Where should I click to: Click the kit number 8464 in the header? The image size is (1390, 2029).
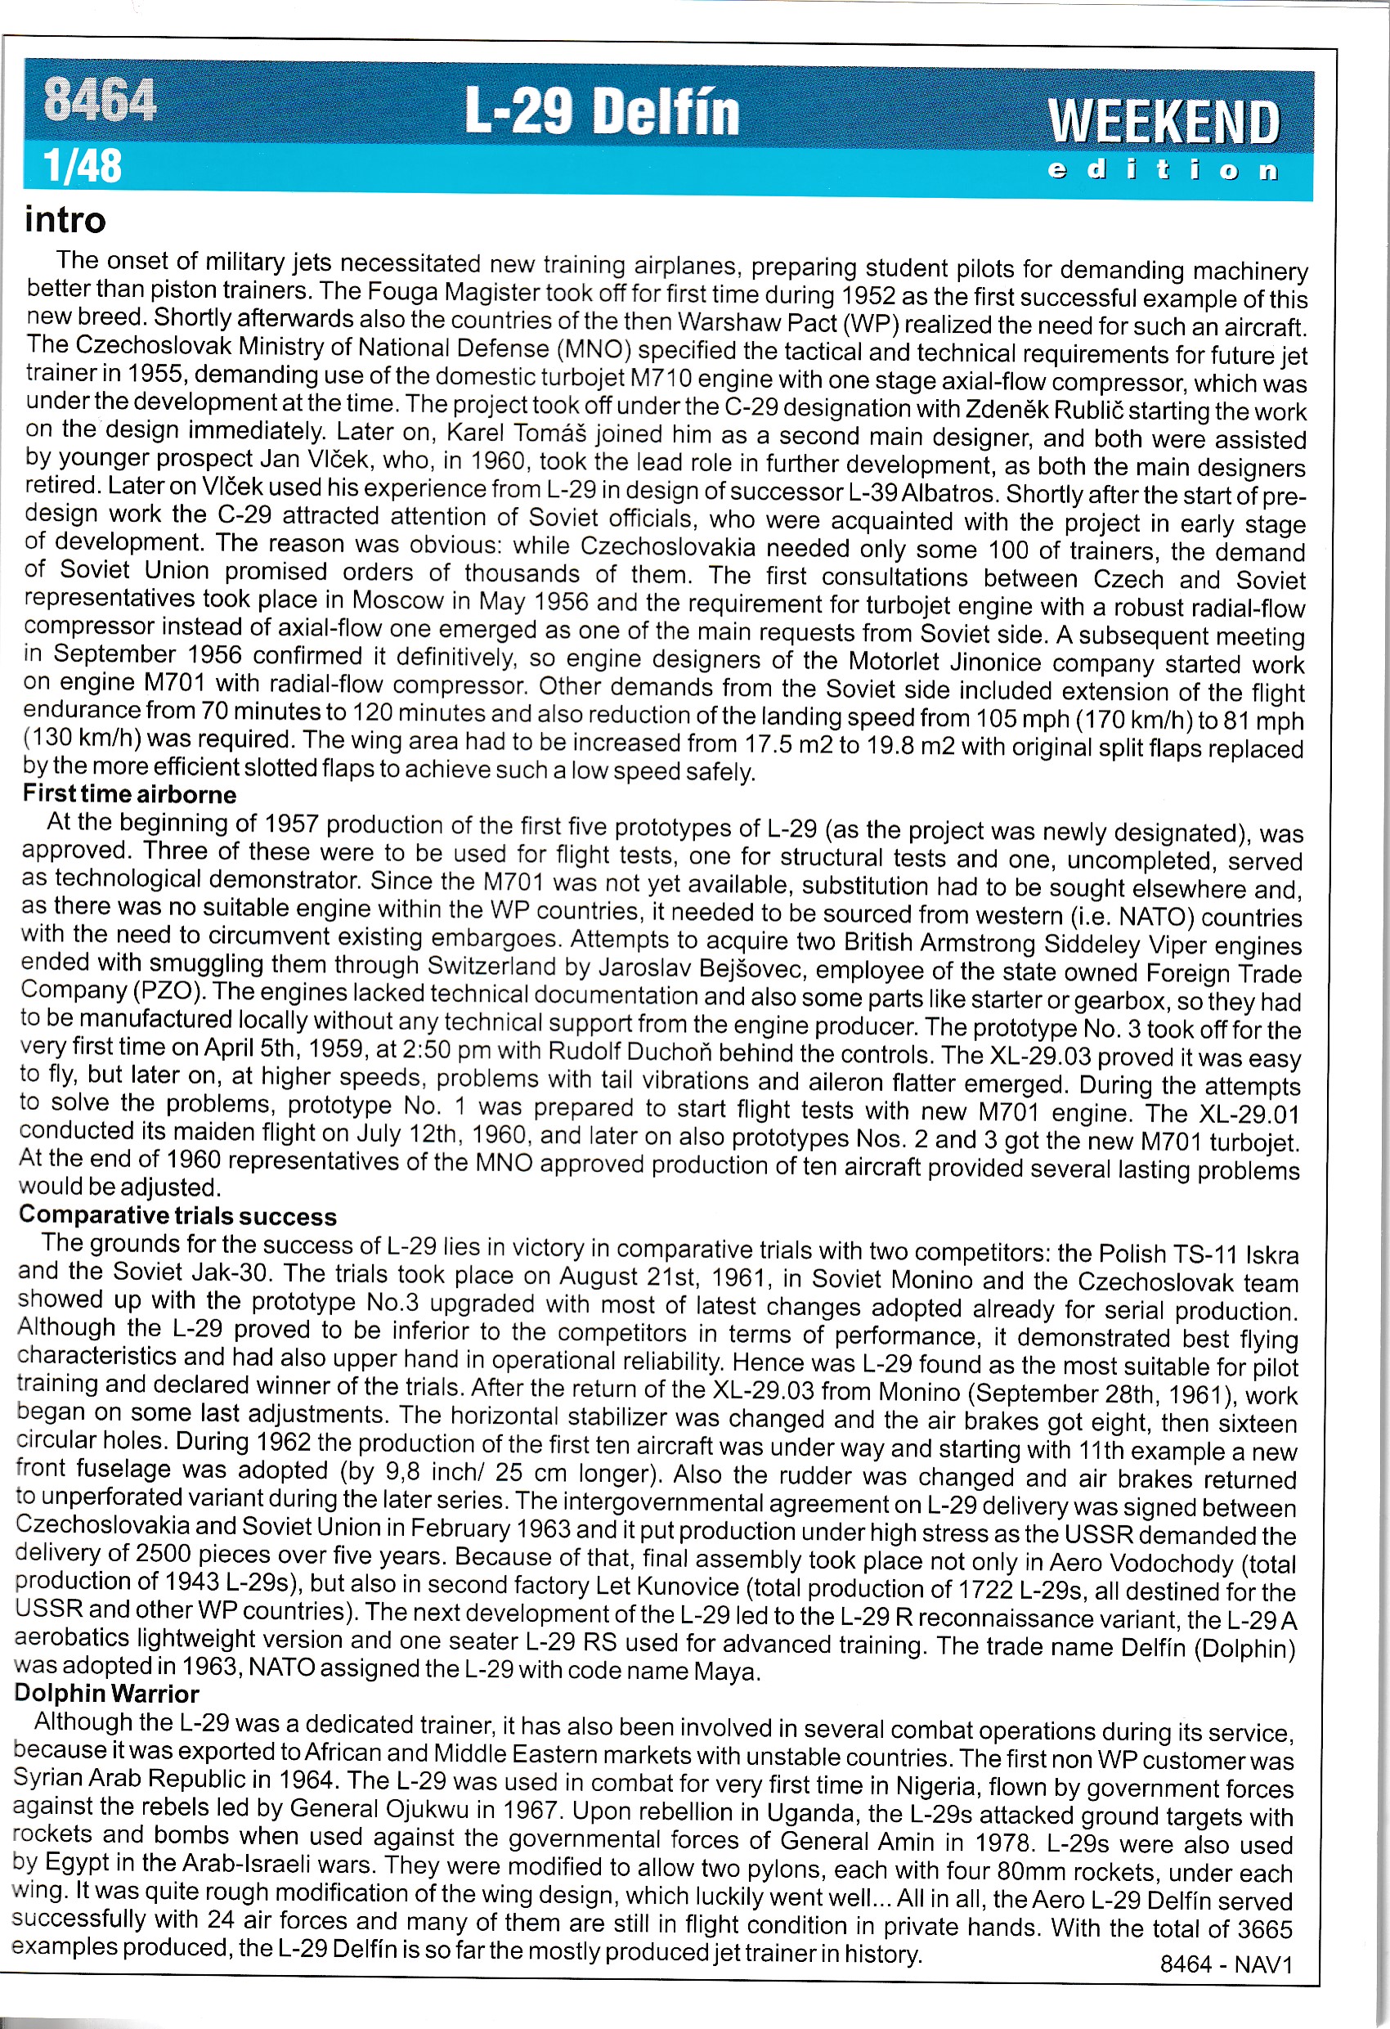pyautogui.click(x=101, y=100)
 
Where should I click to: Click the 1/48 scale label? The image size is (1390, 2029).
pyautogui.click(x=83, y=165)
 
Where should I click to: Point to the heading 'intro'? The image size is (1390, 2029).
pyautogui.click(x=65, y=220)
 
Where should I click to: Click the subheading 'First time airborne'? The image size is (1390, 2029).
pyautogui.click(x=129, y=794)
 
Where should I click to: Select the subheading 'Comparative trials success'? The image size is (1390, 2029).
pyautogui.click(x=177, y=1215)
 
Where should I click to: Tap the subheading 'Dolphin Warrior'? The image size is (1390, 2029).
pyautogui.click(x=106, y=1693)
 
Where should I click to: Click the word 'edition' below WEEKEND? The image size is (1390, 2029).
pyautogui.click(x=1163, y=169)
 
